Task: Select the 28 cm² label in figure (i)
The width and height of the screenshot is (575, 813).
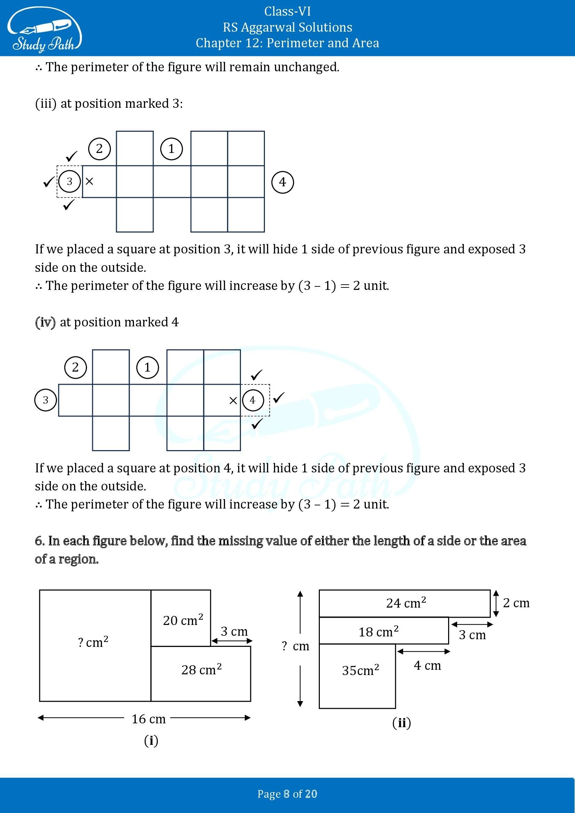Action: click(x=201, y=669)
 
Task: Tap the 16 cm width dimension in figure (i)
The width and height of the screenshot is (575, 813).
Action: click(x=148, y=719)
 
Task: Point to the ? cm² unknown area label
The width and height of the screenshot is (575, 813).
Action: click(x=93, y=642)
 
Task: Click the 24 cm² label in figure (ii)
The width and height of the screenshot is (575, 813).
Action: click(x=406, y=603)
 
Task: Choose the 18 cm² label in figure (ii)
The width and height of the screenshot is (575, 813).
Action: click(x=378, y=632)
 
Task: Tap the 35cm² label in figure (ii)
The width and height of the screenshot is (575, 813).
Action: click(x=360, y=670)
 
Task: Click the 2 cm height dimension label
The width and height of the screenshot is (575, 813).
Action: click(x=516, y=603)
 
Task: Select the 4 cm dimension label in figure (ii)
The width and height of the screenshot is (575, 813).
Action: click(x=427, y=666)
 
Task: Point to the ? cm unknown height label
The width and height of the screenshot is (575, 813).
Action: click(x=295, y=646)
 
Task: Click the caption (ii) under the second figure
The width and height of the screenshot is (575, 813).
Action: click(x=402, y=723)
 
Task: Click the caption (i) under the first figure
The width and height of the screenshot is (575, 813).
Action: click(x=151, y=740)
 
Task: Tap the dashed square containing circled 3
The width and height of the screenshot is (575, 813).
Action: click(x=70, y=182)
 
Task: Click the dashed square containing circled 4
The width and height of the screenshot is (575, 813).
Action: click(x=255, y=400)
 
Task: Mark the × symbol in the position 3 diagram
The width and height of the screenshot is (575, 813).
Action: click(x=89, y=182)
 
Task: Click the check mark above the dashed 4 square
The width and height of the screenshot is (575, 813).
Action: click(x=256, y=375)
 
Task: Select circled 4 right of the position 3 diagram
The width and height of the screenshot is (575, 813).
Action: click(x=282, y=182)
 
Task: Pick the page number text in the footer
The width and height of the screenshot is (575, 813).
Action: click(x=287, y=794)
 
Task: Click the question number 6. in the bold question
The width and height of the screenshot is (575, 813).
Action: click(x=40, y=541)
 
